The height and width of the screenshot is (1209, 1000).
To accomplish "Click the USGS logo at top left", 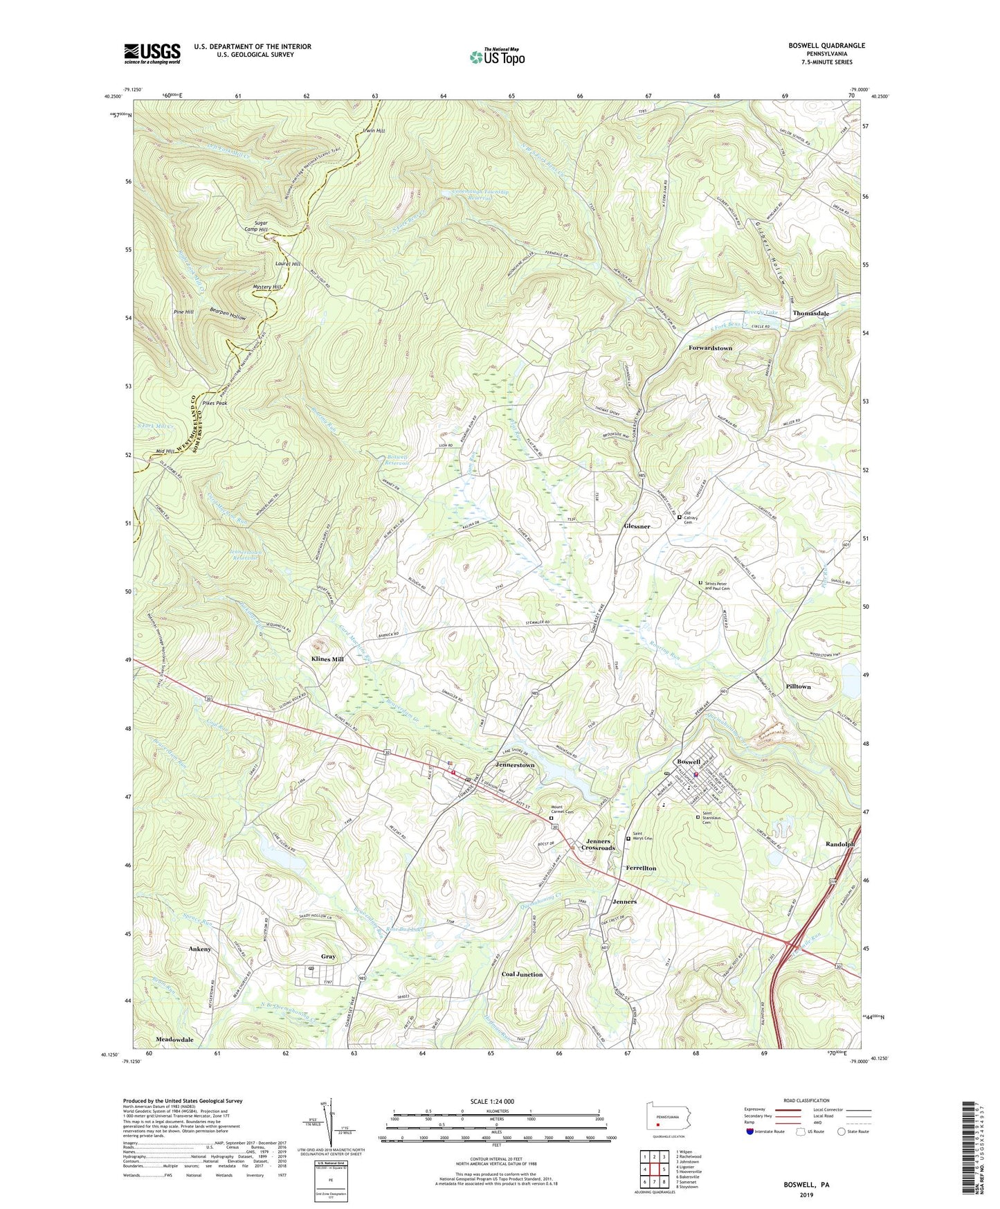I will click(152, 53).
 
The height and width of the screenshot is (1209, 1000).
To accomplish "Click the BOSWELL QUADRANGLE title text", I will click(826, 46).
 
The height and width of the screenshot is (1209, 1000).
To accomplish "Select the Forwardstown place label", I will click(710, 348).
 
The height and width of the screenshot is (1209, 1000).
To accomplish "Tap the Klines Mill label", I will click(322, 659).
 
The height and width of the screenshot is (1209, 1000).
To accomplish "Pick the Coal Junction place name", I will click(522, 974).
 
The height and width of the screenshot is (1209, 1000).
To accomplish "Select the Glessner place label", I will click(635, 526).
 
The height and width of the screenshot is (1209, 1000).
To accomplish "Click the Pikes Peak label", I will click(215, 403).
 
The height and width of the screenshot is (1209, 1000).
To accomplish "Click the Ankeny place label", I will click(199, 949).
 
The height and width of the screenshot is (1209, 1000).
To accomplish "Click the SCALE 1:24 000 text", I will click(494, 1101).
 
